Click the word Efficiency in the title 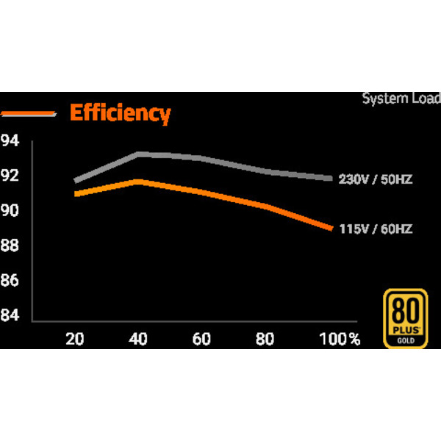pyautogui.click(x=120, y=113)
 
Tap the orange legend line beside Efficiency pyautogui.click(x=29, y=113)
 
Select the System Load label pyautogui.click(x=401, y=98)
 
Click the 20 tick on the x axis pyautogui.click(x=74, y=339)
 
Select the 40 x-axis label pyautogui.click(x=138, y=339)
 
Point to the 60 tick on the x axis pyautogui.click(x=201, y=339)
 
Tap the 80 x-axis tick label pyautogui.click(x=265, y=339)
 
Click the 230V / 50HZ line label pyautogui.click(x=375, y=179)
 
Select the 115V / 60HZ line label pyautogui.click(x=375, y=229)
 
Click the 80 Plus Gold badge pyautogui.click(x=406, y=318)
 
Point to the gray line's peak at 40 pyautogui.click(x=138, y=154)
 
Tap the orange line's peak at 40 pyautogui.click(x=138, y=181)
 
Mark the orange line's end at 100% pyautogui.click(x=331, y=228)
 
